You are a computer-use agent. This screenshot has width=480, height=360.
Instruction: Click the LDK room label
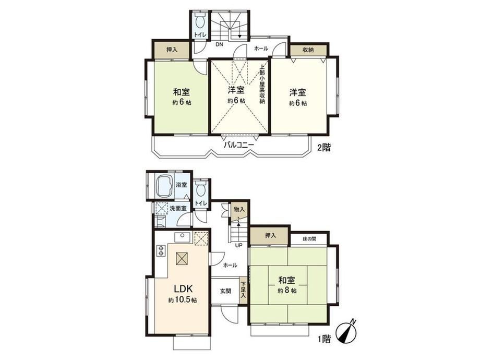click(183, 289)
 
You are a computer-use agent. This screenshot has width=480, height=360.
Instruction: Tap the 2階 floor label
click(324, 148)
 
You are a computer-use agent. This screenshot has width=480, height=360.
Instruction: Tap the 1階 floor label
click(324, 339)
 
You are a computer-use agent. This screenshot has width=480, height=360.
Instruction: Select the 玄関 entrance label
click(225, 291)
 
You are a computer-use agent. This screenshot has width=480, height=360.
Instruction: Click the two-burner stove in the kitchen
click(160, 250)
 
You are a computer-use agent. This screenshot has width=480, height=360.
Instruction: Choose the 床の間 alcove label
click(309, 239)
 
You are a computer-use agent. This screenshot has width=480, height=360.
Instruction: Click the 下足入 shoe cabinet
click(243, 291)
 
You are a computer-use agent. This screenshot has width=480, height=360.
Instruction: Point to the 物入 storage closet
click(239, 211)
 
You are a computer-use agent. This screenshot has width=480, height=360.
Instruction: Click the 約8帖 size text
click(287, 290)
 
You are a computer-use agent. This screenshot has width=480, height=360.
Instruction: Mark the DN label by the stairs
click(219, 44)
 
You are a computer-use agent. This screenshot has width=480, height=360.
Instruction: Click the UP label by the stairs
click(238, 245)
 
